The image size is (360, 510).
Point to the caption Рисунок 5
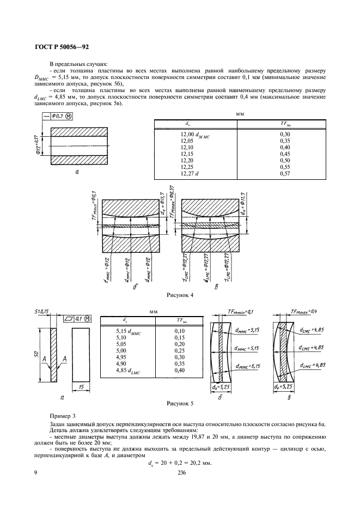pyautogui.click(x=180, y=404)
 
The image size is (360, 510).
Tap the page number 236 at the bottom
pyautogui.click(x=182, y=473)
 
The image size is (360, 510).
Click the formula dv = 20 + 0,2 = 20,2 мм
pyautogui.click(x=180, y=463)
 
